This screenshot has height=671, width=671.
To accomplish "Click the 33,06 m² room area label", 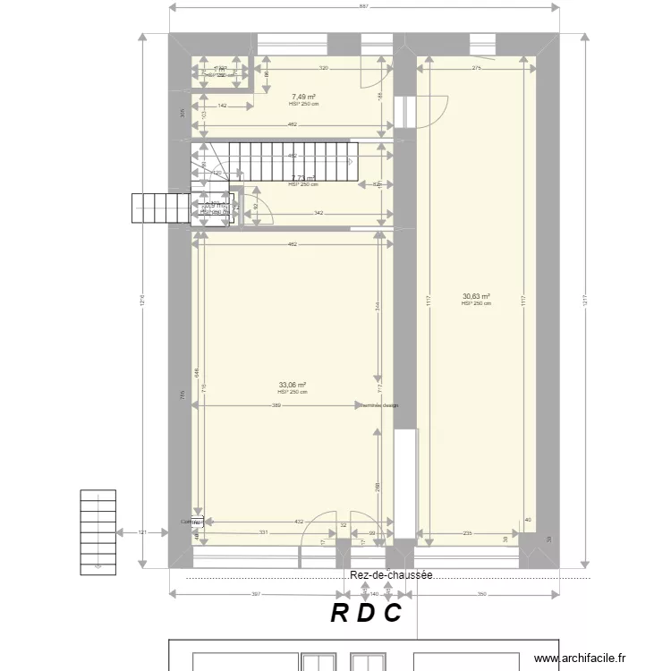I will (x=292, y=385).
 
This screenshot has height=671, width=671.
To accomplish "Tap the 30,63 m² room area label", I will (x=476, y=297).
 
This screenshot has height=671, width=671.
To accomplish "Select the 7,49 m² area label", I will (x=303, y=97).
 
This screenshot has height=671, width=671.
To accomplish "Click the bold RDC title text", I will (x=366, y=613).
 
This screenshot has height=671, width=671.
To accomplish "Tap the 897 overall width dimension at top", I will (x=364, y=7).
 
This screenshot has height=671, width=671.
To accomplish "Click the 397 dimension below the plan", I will (x=255, y=593).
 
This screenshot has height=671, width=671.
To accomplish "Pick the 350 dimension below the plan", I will (x=480, y=593).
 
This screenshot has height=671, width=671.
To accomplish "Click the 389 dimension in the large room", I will (x=276, y=405).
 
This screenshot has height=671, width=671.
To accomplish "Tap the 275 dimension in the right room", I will (x=477, y=68).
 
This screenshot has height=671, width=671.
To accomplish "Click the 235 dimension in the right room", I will (x=467, y=533).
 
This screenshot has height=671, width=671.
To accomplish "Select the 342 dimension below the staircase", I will (x=318, y=213).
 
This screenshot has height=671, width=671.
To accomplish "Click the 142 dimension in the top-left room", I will (x=221, y=106).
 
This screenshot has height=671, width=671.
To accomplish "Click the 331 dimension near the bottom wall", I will (x=264, y=533).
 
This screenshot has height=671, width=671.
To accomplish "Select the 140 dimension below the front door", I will (x=374, y=593).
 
